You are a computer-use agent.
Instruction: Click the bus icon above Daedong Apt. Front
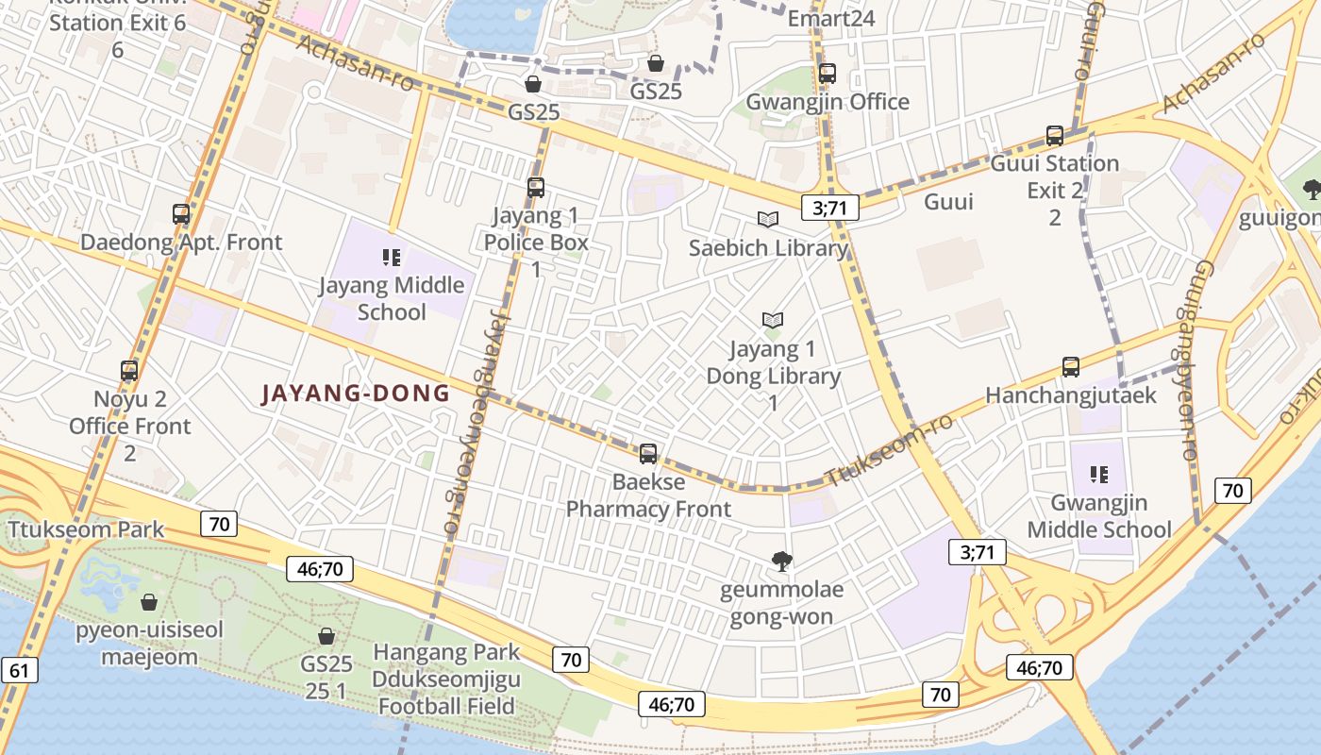(181, 214)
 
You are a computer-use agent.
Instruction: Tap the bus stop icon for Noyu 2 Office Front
(129, 371)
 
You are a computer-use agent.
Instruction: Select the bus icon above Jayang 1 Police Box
(536, 188)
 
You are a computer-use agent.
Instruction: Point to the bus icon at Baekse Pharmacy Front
(648, 454)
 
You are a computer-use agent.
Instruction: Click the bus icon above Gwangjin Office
(828, 74)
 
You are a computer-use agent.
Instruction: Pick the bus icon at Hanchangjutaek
(1071, 367)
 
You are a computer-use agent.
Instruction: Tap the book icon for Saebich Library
(769, 220)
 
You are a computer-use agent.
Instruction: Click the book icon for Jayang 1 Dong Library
(773, 321)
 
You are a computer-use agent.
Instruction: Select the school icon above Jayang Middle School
(392, 258)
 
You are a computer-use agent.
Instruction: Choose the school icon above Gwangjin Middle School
(1098, 474)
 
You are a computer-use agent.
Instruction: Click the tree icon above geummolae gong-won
(781, 562)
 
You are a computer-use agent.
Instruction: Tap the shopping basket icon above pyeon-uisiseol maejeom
(149, 602)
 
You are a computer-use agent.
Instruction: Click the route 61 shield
(20, 671)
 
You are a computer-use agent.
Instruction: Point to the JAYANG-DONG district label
(356, 394)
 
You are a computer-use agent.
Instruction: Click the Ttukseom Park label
(86, 529)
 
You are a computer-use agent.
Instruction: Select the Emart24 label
(831, 18)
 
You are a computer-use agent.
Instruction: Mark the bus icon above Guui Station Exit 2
(1055, 136)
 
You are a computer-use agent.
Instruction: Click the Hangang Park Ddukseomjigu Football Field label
(446, 679)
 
